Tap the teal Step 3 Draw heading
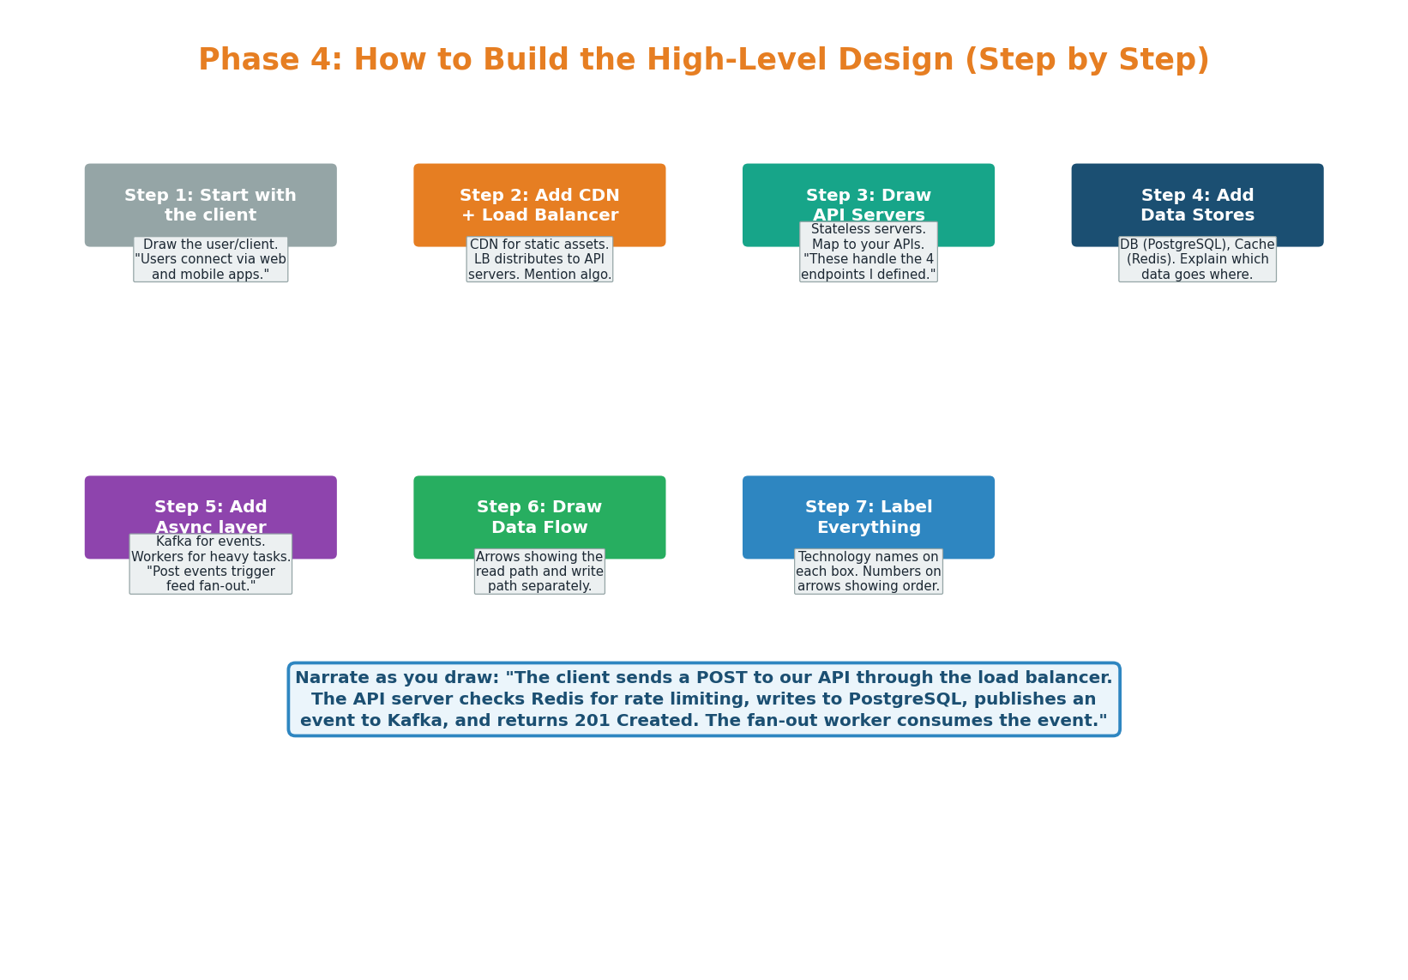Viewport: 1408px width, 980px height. tap(868, 197)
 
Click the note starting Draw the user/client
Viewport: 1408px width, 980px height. tap(210, 259)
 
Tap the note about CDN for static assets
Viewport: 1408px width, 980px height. tap(539, 259)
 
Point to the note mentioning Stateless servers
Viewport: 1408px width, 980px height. tap(868, 251)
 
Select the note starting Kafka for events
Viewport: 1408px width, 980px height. tap(210, 564)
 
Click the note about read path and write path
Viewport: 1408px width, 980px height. tap(539, 572)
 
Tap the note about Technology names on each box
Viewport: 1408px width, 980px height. tap(868, 572)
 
